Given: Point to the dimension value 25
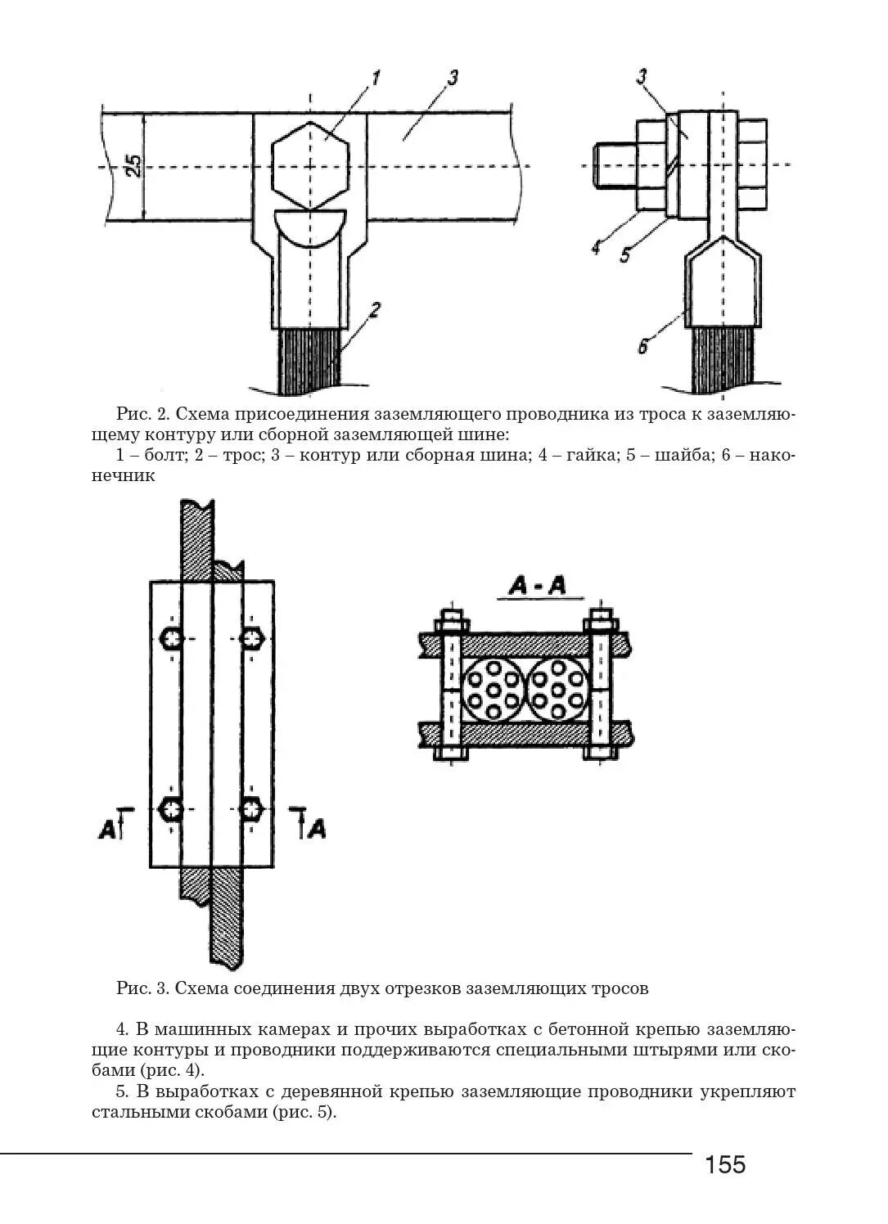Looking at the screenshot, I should point(133,166).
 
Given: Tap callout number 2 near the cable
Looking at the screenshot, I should point(374,310).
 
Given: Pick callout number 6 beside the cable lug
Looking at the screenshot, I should point(642,347).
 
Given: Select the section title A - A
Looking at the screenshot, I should point(538,586).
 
